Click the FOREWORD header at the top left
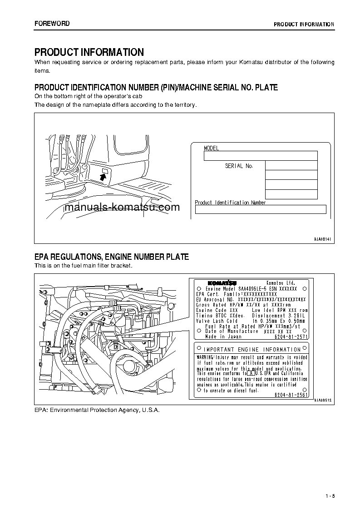click(x=52, y=24)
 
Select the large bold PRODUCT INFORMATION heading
click(x=89, y=52)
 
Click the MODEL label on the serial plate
click(x=211, y=148)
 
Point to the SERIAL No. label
click(x=238, y=166)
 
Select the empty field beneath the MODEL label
click(x=260, y=156)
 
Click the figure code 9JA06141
click(x=323, y=238)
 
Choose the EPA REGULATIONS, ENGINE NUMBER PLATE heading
click(x=112, y=257)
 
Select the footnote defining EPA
click(x=97, y=410)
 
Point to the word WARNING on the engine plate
click(x=207, y=357)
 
